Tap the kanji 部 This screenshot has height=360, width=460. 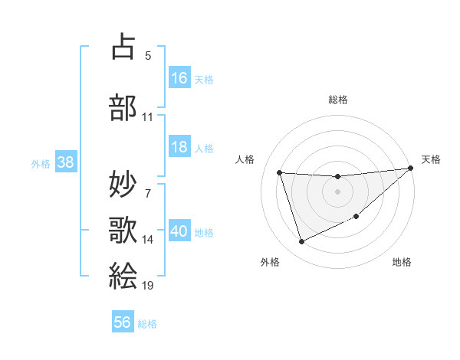coord(123,107)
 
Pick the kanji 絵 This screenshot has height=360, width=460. coord(123,275)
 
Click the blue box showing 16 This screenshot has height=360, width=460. coord(179,78)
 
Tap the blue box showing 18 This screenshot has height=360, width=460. coord(179,147)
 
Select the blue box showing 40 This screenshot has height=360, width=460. coord(179,231)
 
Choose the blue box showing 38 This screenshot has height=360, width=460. coord(65,162)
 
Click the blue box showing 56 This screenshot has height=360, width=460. coord(123,322)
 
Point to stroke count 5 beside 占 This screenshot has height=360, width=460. coord(148,55)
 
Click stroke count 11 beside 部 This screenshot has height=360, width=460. coord(148,117)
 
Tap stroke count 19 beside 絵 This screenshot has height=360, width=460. coord(148,286)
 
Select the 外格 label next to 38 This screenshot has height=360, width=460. coord(41,163)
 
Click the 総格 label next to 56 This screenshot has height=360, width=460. coord(147,323)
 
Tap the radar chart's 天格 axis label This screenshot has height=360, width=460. coord(431,159)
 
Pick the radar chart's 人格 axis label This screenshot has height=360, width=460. coord(245,159)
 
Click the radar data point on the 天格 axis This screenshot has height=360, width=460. coord(411,169)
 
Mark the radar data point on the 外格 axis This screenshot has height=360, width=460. coord(301,242)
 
